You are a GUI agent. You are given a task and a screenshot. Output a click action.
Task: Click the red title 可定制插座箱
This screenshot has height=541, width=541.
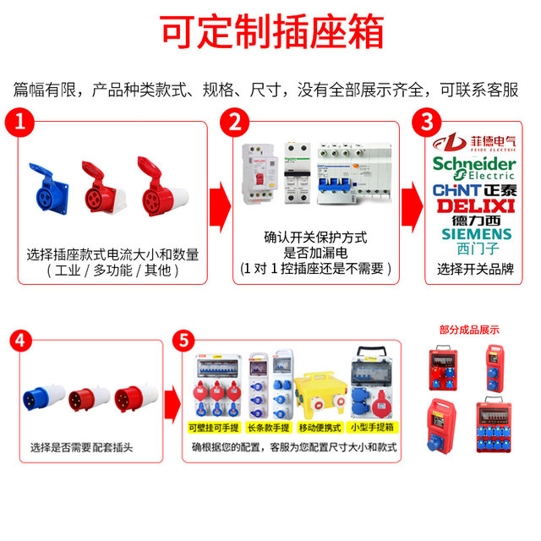pyautogui.click(x=270, y=31)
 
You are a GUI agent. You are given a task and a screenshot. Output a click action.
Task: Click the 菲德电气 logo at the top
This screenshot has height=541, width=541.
pyautogui.click(x=479, y=141)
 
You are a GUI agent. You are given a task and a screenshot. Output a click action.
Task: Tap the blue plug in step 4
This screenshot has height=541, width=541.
pyautogui.click(x=46, y=397)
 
